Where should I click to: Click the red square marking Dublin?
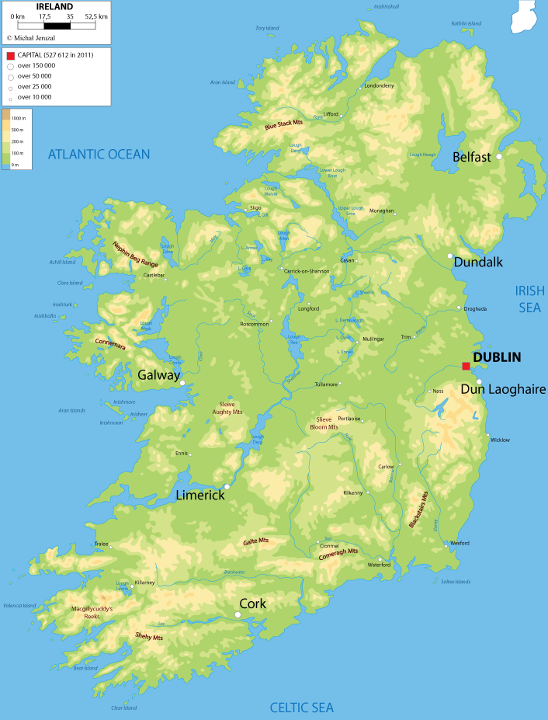[x=466, y=367]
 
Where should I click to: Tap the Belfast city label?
[x=472, y=157]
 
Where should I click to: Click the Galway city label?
[x=158, y=374]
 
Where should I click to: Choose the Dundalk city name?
[x=478, y=262]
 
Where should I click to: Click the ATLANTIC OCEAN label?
[x=99, y=155]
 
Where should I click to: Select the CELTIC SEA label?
[x=301, y=707]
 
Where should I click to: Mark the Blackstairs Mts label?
[x=418, y=510]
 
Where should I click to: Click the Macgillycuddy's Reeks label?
[x=92, y=612]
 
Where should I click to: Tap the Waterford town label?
[x=379, y=565]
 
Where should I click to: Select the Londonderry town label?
[x=379, y=85]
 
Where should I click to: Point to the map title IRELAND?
[x=54, y=7]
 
